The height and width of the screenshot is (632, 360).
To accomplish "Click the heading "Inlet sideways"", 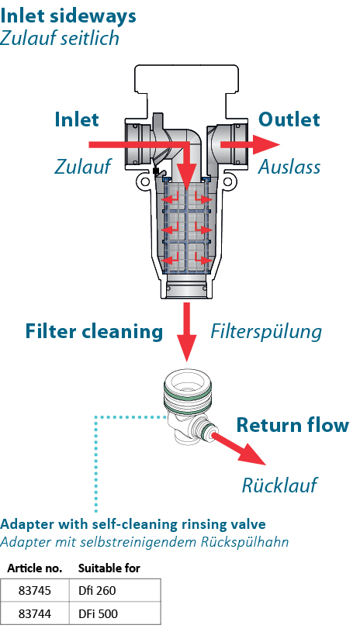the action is (x=68, y=16).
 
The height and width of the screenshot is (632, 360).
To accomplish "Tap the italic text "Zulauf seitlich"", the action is (x=60, y=39).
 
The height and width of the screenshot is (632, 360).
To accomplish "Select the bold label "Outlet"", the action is (x=289, y=119).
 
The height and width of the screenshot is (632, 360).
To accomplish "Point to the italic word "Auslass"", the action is (x=289, y=167).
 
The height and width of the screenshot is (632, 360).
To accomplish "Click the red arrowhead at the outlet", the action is (x=267, y=145).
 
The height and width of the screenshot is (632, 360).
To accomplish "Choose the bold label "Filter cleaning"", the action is (x=94, y=331).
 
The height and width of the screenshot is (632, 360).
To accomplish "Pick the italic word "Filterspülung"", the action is (x=266, y=332).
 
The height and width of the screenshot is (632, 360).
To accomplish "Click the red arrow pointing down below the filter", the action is (x=187, y=331).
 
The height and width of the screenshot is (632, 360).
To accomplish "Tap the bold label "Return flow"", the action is (x=292, y=425).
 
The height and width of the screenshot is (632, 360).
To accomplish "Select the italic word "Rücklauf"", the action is (x=279, y=485).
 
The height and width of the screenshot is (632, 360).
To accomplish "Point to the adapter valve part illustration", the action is (x=189, y=409).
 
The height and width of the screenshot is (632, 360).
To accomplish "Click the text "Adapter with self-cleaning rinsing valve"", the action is (x=133, y=524).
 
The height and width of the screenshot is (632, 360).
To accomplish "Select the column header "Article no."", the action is (x=35, y=568).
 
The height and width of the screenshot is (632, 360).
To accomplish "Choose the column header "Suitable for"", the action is (x=109, y=568).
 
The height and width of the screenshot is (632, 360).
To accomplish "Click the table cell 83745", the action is (x=35, y=590).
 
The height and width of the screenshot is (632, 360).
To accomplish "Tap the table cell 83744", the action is (x=35, y=613).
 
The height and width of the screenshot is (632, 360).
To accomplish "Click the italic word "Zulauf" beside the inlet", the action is (x=83, y=167).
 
